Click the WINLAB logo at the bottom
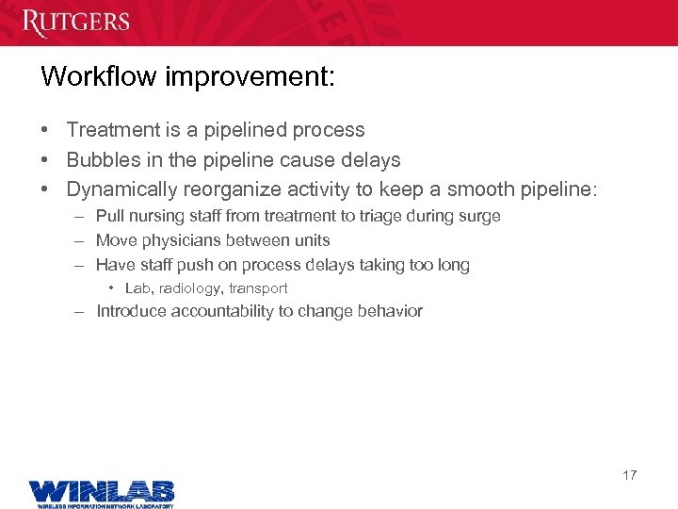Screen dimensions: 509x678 [101, 493]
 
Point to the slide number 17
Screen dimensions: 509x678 [629, 475]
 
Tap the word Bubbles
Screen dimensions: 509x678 [103, 160]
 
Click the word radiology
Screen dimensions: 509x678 [192, 288]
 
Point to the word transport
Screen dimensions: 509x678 [259, 288]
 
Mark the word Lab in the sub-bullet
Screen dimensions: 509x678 [137, 288]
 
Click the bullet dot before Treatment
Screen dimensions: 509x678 [45, 130]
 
